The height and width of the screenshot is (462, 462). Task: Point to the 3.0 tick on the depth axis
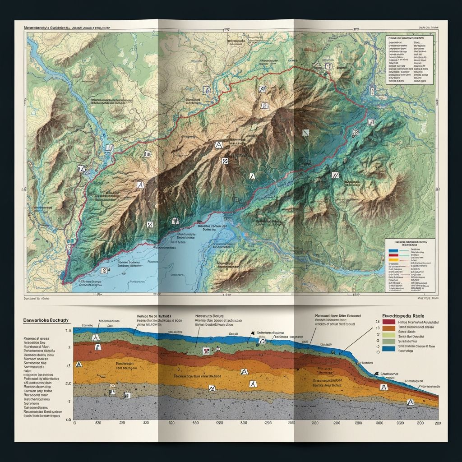[x=69, y=383]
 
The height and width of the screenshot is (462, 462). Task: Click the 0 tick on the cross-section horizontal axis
[x=75, y=424]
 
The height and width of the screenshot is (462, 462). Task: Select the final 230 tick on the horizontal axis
[x=436, y=424]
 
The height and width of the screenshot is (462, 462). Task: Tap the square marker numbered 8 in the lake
[x=105, y=271]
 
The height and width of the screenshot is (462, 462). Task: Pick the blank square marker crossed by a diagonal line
[x=305, y=132]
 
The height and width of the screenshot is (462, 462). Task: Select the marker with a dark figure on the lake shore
[x=175, y=221]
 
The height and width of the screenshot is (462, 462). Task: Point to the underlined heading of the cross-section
[x=46, y=320]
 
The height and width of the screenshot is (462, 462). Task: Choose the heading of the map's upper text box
[x=409, y=39]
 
